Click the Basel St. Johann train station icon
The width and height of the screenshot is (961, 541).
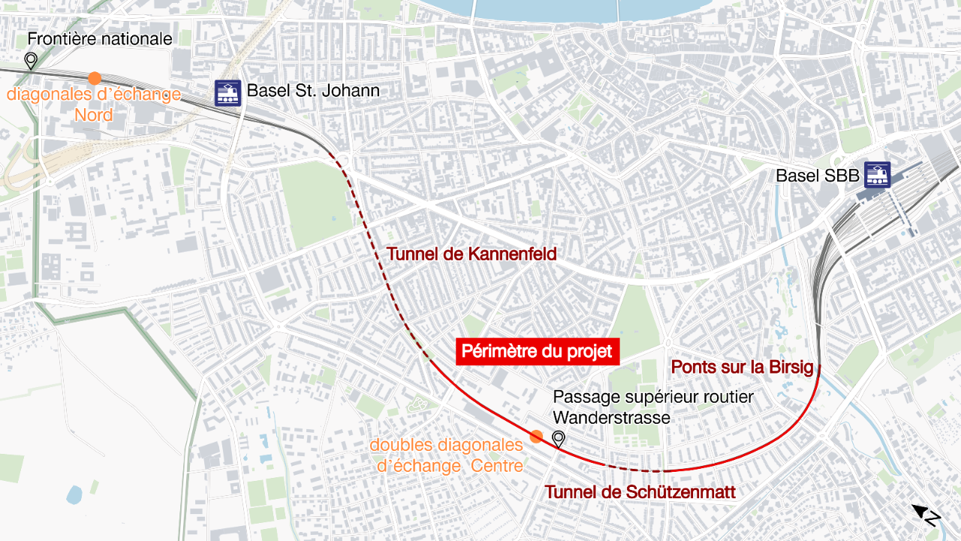click(x=227, y=92)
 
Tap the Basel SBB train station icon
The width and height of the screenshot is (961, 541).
click(x=877, y=175)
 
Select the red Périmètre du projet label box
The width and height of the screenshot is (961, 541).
click(x=537, y=352)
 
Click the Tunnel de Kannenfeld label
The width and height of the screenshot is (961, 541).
click(x=471, y=255)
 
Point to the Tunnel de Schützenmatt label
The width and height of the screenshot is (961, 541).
click(x=640, y=492)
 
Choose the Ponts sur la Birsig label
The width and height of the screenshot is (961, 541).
click(x=742, y=367)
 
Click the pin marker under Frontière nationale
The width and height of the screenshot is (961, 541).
click(x=31, y=61)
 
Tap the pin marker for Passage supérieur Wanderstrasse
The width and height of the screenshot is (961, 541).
click(x=559, y=440)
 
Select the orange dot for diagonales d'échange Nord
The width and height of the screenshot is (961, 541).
click(x=95, y=78)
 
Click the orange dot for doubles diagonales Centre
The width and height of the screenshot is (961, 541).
click(x=536, y=437)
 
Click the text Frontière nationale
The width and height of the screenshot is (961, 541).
click(x=100, y=39)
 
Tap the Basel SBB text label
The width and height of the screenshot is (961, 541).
click(x=817, y=176)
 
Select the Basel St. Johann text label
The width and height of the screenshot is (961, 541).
click(x=313, y=92)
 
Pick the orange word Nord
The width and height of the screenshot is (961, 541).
click(x=94, y=115)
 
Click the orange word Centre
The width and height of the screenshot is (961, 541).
click(x=496, y=466)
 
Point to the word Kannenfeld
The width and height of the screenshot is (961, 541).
click(x=512, y=255)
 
